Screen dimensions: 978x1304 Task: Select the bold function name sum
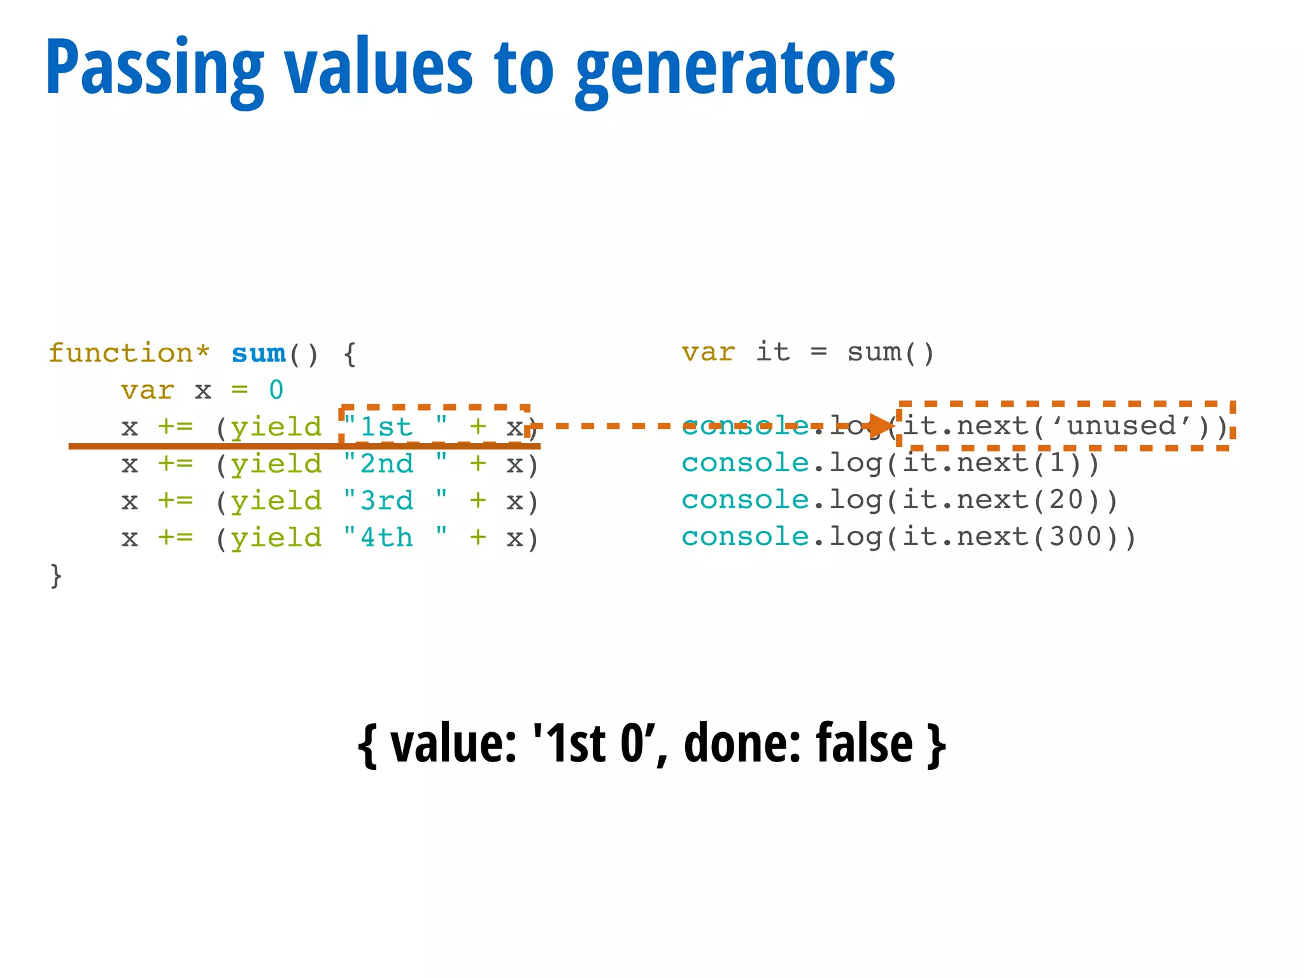[x=258, y=353]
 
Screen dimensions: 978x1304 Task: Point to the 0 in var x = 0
[x=276, y=390]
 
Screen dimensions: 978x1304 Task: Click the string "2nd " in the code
[x=395, y=464]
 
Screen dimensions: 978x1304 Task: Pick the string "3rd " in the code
[x=395, y=501]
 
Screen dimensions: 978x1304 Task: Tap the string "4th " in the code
[x=395, y=538]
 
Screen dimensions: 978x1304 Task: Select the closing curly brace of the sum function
[x=56, y=576]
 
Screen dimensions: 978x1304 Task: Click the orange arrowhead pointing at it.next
[x=882, y=426]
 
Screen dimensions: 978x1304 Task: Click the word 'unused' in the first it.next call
[x=1121, y=426]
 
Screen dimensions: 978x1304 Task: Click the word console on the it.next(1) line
[x=744, y=464]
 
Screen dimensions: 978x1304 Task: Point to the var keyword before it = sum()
[x=707, y=352]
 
